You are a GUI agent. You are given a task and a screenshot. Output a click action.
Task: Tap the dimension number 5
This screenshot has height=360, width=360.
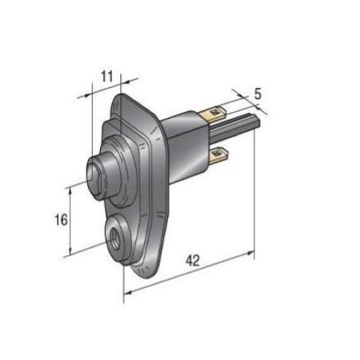coord(258,94)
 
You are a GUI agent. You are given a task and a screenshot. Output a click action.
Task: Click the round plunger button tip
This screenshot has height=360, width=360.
coord(92,173)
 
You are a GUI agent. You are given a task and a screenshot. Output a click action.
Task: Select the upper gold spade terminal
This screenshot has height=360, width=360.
coord(216,113)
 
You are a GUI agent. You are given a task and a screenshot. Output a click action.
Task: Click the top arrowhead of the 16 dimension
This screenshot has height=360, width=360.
coord(70,189)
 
